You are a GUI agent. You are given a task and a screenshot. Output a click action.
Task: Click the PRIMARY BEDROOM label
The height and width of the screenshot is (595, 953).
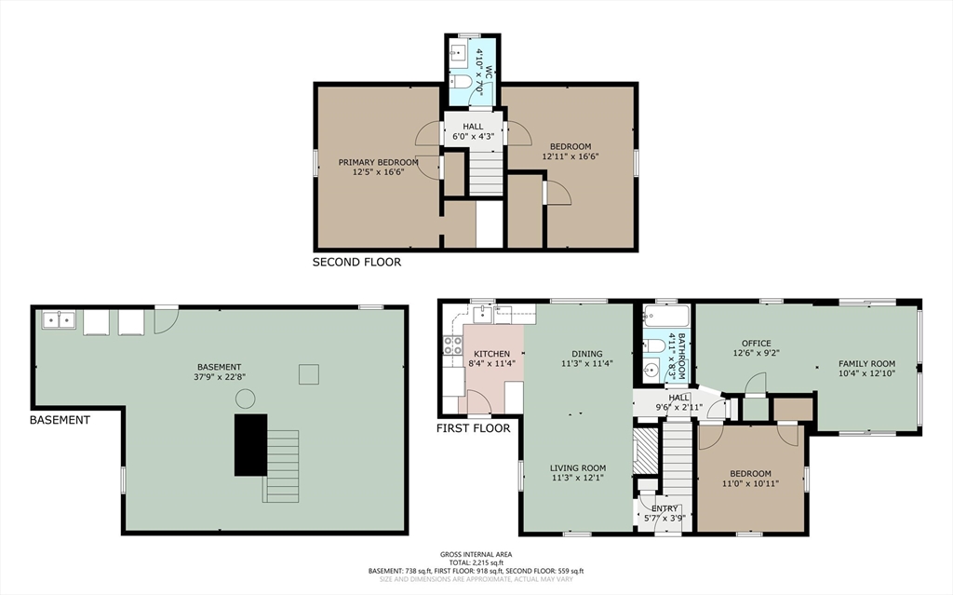tap(378, 162)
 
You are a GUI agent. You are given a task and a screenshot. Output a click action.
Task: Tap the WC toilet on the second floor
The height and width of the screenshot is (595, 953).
tap(463, 82)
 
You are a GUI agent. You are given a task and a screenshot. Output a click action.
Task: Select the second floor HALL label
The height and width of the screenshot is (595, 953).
tap(473, 127)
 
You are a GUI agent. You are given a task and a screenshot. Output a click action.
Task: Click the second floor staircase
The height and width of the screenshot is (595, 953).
tap(486, 173)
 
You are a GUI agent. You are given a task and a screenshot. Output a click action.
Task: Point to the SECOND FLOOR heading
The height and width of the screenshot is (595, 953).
tap(356, 263)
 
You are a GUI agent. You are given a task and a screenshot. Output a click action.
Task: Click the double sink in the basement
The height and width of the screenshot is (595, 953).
tap(59, 319)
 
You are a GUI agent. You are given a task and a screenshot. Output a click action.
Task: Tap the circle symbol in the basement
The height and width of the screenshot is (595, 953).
tap(245, 399)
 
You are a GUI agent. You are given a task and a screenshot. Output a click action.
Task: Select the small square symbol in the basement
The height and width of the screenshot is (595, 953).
tap(309, 374)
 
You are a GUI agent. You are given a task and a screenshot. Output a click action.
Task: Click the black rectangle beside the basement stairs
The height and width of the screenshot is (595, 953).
tap(251, 445)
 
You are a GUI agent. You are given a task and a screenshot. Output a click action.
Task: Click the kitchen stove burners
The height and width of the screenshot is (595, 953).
tap(453, 345)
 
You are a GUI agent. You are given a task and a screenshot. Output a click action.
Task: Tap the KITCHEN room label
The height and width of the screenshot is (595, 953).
tap(492, 354)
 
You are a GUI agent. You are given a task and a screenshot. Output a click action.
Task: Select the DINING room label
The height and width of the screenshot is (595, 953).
tap(587, 354)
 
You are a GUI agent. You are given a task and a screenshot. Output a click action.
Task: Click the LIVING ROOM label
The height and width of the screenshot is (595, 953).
tap(578, 467)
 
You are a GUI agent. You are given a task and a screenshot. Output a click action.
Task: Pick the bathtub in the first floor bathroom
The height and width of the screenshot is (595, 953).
tap(666, 317)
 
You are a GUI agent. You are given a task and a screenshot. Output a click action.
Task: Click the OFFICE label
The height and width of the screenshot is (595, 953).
tap(757, 344)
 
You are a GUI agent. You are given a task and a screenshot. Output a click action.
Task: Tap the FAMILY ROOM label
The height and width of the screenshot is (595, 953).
tap(866, 364)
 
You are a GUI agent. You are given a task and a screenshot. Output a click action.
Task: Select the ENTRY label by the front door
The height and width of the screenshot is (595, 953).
tap(664, 508)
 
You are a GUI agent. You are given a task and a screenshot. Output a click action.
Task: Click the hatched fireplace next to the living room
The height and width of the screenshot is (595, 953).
tap(646, 451)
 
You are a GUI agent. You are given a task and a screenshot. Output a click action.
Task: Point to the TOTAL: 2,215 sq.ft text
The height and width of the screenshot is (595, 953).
tap(476, 562)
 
